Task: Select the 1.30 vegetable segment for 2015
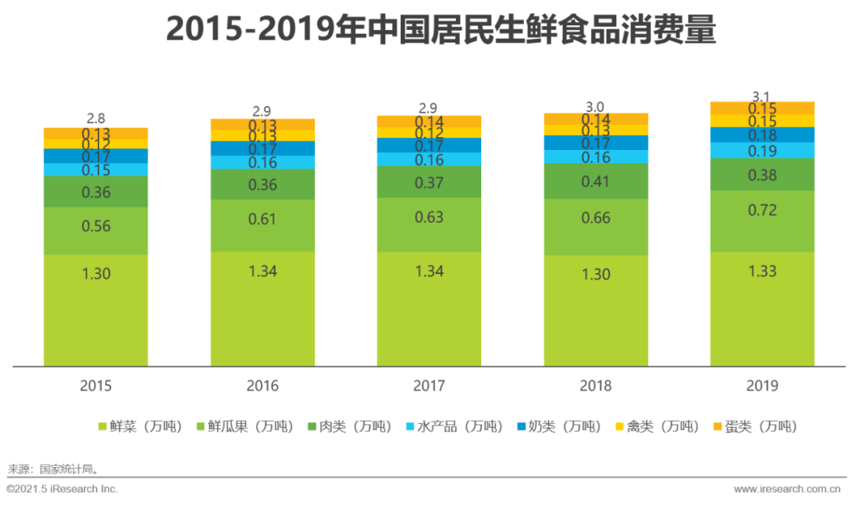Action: (95, 309)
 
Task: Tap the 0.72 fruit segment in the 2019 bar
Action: (762, 221)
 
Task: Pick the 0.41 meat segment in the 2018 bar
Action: (596, 181)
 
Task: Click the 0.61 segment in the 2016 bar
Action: (262, 226)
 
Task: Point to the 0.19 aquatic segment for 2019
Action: (762, 151)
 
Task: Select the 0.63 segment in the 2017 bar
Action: (429, 225)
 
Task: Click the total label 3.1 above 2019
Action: (762, 96)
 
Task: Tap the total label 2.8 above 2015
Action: (95, 119)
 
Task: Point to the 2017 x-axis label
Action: (429, 386)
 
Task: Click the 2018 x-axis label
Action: (596, 386)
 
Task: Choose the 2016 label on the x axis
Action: (262, 386)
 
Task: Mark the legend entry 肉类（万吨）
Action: (348, 427)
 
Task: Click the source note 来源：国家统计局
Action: (53, 469)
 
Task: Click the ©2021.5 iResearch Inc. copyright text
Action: (63, 489)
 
